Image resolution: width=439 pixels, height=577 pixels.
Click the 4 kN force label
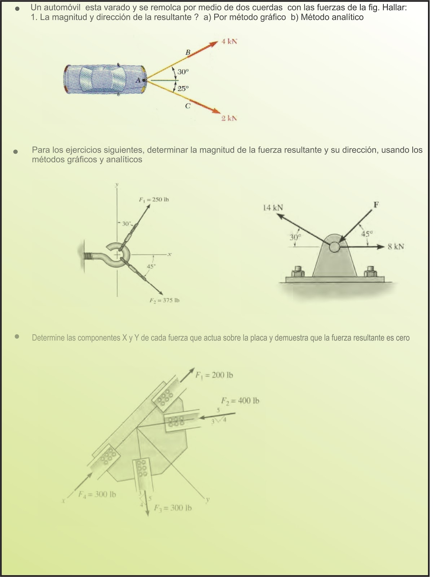229,41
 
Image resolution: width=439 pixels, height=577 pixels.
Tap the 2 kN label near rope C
229,118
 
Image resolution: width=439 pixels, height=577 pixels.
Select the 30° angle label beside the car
183,72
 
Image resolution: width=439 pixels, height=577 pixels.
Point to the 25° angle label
183,88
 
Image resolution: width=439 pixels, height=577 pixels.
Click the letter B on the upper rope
188,53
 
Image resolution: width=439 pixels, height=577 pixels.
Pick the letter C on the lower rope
188,106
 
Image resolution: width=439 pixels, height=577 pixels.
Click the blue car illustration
105,79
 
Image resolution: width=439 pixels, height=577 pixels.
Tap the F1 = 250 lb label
154,199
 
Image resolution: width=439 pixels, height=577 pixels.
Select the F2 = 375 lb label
164,300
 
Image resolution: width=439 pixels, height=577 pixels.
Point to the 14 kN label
273,208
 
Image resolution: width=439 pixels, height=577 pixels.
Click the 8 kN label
396,247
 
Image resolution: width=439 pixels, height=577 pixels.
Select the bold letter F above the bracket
376,205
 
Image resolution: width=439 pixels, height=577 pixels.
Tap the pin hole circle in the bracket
334,247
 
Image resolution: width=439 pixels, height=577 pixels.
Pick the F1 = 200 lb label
214,375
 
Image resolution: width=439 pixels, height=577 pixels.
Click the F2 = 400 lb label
240,401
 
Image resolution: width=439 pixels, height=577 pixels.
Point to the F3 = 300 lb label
173,508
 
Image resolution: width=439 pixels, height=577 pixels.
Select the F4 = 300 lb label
97,494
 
